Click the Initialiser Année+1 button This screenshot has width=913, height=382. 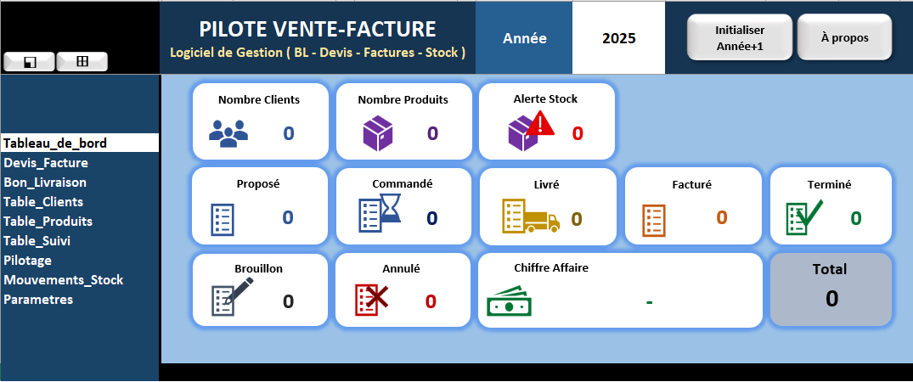pos(740,38)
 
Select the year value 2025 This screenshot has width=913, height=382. pos(619,38)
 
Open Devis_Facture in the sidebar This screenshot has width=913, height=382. pos(46,162)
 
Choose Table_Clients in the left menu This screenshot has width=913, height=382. pos(43,201)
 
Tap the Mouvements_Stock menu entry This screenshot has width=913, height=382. pos(64,279)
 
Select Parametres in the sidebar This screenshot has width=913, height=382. pos(38,300)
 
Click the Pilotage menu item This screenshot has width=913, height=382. pos(27,261)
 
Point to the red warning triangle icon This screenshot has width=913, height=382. pos(540,123)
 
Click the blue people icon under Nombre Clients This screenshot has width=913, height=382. pos(228,132)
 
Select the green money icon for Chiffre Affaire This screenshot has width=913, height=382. pos(509,301)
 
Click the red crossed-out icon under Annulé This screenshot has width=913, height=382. pos(372,300)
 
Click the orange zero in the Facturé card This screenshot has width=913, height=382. pos(722,217)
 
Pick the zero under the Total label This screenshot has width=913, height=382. pos(831,299)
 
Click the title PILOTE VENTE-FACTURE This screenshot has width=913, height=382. pos(318,29)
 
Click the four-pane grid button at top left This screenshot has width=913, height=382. pos(82,61)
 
